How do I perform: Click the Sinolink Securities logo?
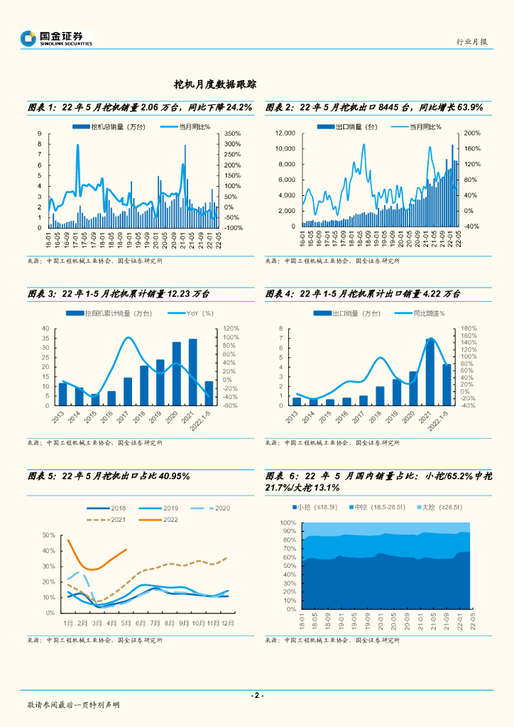click(x=56, y=38)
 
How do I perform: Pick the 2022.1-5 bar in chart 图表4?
click(x=447, y=385)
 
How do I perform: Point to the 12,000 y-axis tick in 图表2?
click(x=285, y=133)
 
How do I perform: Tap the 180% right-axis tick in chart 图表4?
click(x=468, y=328)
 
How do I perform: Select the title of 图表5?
click(x=109, y=476)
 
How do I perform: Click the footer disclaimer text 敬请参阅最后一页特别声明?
click(x=73, y=705)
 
